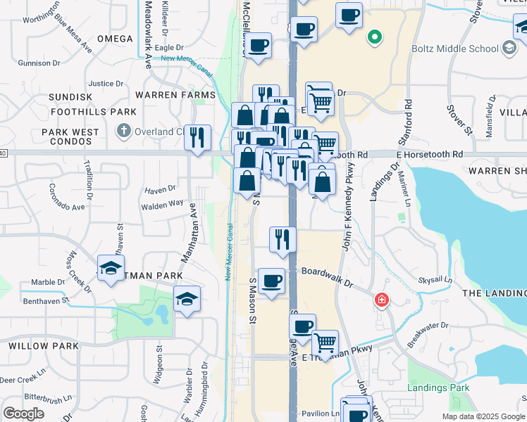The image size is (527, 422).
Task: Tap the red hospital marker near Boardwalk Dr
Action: click(382, 300)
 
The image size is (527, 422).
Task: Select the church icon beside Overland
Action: click(124, 131)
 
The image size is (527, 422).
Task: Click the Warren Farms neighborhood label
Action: click(175, 95)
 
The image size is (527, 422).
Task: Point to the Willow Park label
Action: click(34, 346)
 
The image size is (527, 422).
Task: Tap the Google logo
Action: click(23, 414)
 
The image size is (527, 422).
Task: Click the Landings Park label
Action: click(438, 388)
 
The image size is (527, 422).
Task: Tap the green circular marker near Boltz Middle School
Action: click(375, 37)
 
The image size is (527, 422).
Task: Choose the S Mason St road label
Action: click(253, 295)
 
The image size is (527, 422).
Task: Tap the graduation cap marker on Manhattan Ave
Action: click(187, 299)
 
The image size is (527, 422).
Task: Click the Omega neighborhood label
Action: click(115, 39)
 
